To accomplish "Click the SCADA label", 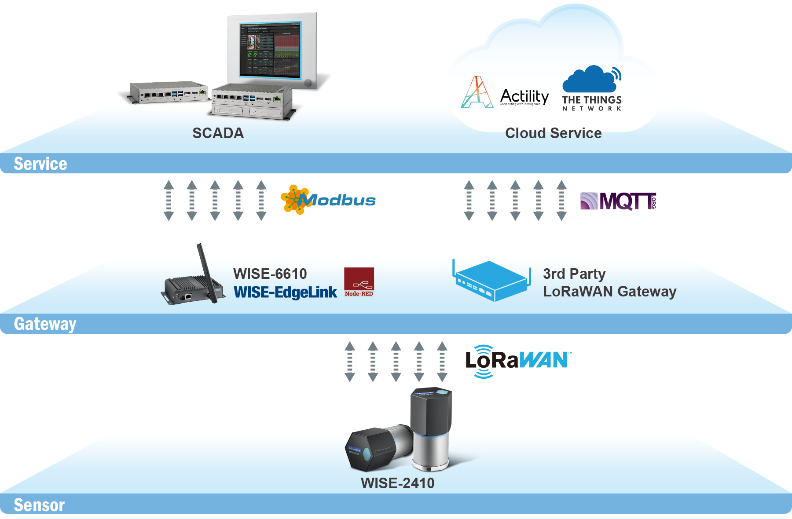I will tap(218, 133).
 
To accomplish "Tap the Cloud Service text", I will tap(553, 133).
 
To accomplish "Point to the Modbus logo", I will tap(328, 200).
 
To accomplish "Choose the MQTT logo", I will tap(618, 201).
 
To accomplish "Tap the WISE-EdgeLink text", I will tap(285, 292).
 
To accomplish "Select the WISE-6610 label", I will tap(270, 274).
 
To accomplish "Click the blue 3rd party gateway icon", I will tap(491, 281).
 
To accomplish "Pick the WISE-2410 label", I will tap(397, 483).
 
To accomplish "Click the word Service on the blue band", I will tap(40, 164).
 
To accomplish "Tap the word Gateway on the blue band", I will tap(45, 324).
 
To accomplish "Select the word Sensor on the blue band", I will tap(39, 505).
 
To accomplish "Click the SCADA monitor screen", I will tap(270, 49).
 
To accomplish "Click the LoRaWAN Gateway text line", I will tap(609, 292).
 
